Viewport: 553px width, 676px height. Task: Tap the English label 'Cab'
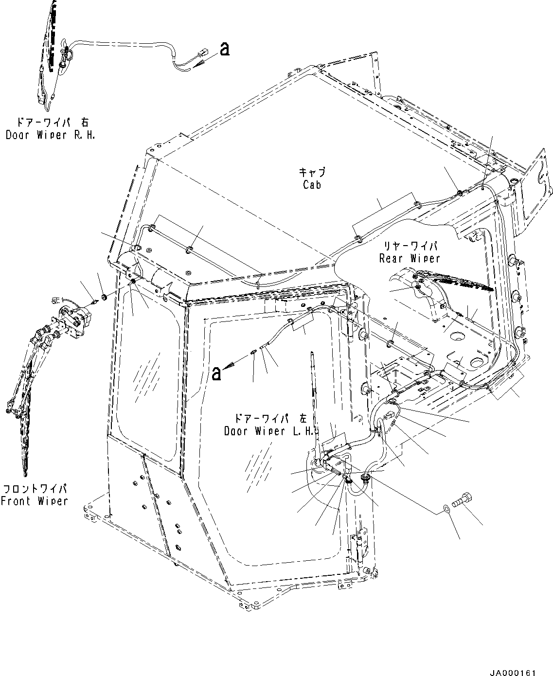tap(312, 185)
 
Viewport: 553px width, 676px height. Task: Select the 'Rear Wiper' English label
tap(409, 259)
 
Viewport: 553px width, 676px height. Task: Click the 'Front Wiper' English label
tap(34, 501)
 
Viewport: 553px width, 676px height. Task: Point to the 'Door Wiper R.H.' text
tap(50, 135)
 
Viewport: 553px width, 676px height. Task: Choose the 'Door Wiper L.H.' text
tap(270, 431)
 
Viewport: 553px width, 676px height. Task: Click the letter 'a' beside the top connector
tap(224, 49)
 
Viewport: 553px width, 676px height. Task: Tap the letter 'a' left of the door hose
tap(217, 374)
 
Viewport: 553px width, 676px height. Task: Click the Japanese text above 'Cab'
tap(312, 173)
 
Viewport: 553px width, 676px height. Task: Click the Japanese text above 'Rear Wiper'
tap(409, 247)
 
